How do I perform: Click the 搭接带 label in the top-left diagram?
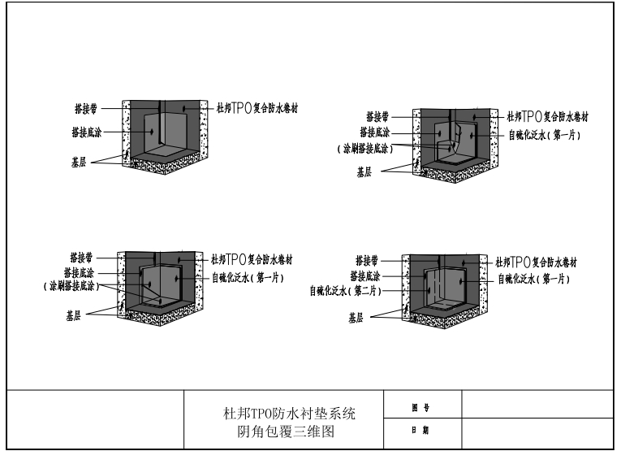click(86, 109)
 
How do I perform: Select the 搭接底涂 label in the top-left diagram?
click(86, 132)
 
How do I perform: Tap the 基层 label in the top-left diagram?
click(79, 162)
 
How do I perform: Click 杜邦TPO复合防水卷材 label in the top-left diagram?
click(257, 108)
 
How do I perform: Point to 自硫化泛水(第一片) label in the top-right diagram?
click(544, 135)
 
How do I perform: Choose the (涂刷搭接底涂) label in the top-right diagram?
click(365, 149)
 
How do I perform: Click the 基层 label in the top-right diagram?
click(364, 172)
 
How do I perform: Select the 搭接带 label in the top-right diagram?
click(377, 117)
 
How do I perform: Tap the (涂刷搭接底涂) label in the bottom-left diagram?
click(71, 286)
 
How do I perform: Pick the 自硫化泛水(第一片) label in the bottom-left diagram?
click(248, 277)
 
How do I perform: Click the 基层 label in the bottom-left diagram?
click(73, 315)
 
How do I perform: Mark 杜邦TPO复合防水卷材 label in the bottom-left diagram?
click(252, 259)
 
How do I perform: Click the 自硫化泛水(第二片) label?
click(345, 291)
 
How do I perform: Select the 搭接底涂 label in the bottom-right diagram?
click(364, 275)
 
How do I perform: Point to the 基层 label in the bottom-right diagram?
click(356, 318)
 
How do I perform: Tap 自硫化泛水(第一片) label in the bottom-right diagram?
click(533, 279)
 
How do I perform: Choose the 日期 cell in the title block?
click(423, 433)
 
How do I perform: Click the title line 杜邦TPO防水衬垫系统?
click(290, 414)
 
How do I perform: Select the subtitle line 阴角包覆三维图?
click(286, 431)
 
